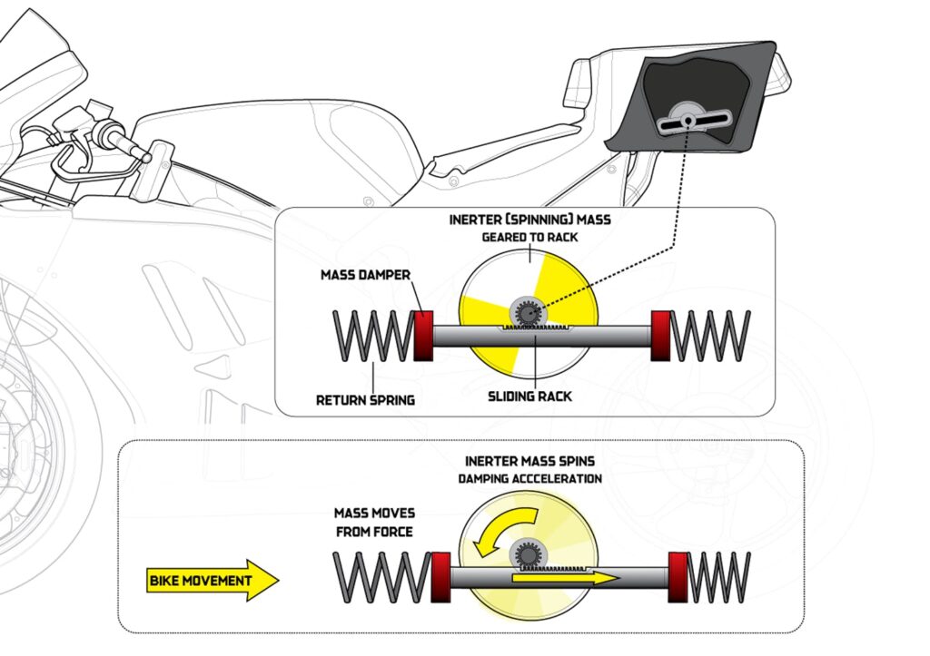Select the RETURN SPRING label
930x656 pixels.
point(364,399)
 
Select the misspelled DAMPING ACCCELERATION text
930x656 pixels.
point(530,478)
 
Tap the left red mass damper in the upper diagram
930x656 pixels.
point(422,336)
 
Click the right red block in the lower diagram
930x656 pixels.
point(678,576)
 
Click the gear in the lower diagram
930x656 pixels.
point(526,553)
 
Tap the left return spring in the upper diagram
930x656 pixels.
point(373,336)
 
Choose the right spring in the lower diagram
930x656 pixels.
point(720,576)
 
